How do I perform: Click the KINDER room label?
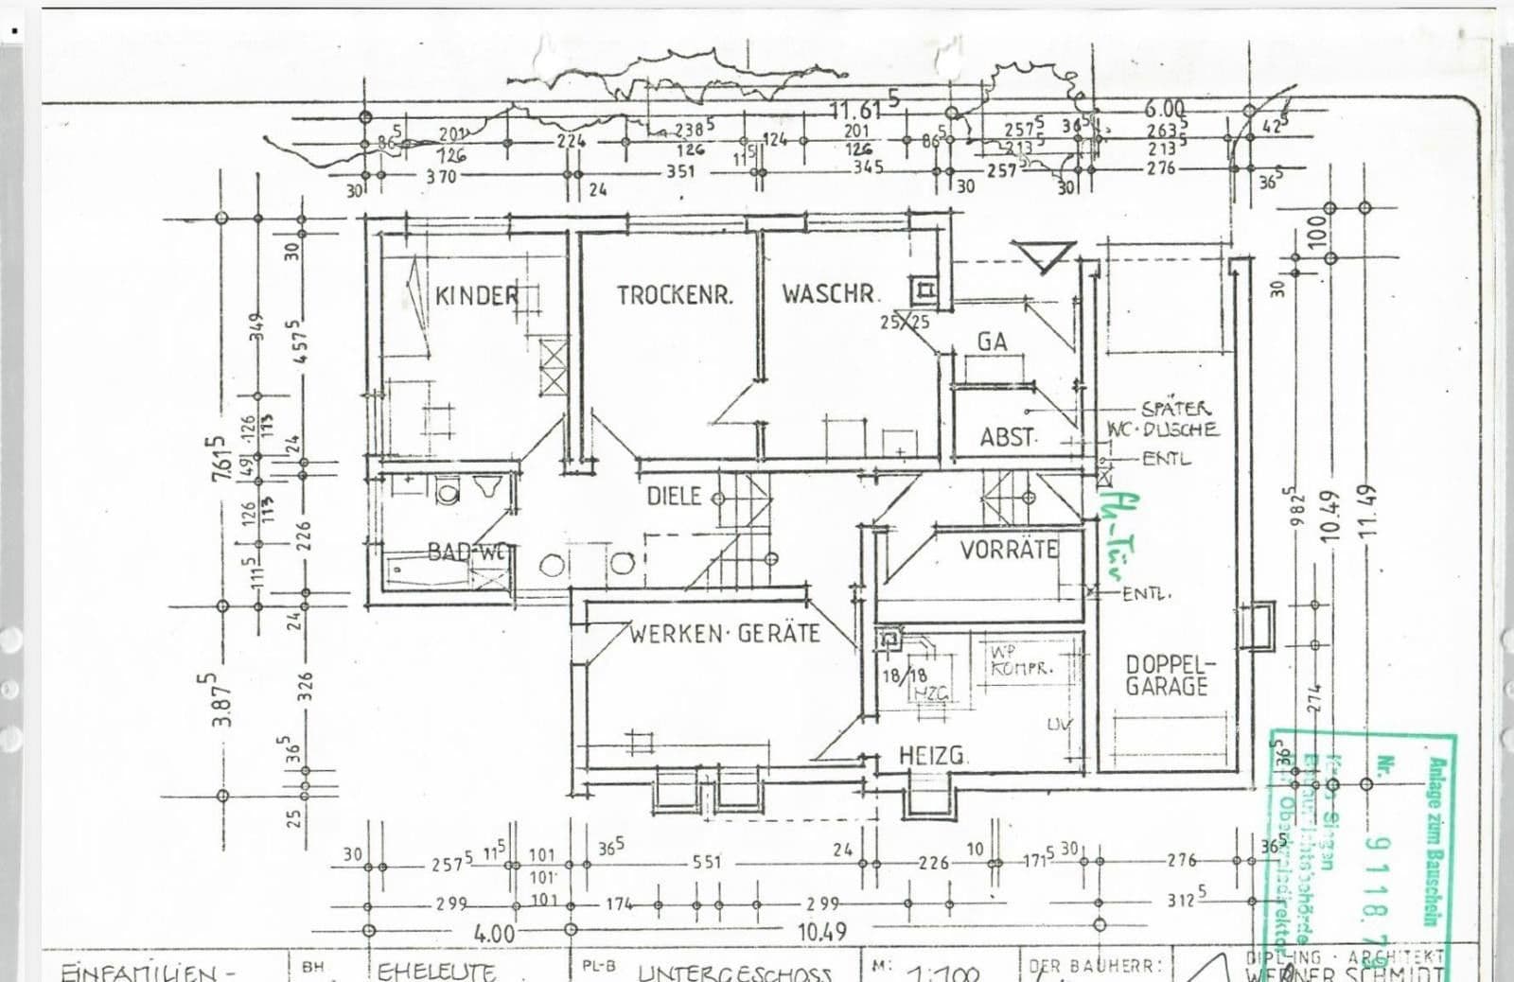click(x=477, y=295)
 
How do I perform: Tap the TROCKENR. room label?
click(x=675, y=295)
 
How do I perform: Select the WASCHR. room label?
click(x=830, y=293)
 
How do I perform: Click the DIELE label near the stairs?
click(x=674, y=496)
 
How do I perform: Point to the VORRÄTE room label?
click(x=1009, y=550)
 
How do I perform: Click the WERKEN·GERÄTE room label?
click(x=725, y=634)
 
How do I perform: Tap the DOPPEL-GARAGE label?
click(x=1167, y=675)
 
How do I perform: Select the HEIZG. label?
click(x=933, y=756)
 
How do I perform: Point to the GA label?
click(x=992, y=342)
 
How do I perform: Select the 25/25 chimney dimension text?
click(x=905, y=323)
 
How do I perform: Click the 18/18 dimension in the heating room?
click(x=905, y=675)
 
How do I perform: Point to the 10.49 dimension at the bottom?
click(x=821, y=931)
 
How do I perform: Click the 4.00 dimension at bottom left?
click(x=494, y=934)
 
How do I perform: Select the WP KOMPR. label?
click(x=1020, y=660)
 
